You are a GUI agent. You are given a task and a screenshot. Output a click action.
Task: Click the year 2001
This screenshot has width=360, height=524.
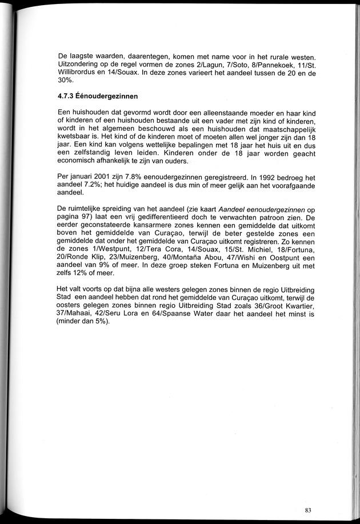pos(107,174)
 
